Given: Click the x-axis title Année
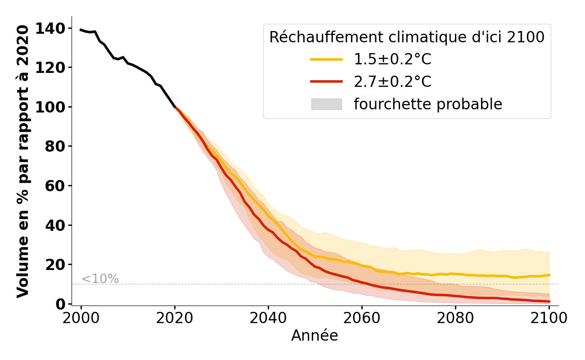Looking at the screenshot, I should pyautogui.click(x=315, y=336).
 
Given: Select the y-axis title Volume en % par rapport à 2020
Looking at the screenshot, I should pyautogui.click(x=23, y=161).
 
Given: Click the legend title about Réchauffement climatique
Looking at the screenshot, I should pyautogui.click(x=407, y=37).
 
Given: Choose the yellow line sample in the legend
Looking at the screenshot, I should pyautogui.click(x=326, y=59).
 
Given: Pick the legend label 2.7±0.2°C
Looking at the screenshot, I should pyautogui.click(x=392, y=82).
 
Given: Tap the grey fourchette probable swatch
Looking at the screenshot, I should pyautogui.click(x=326, y=104).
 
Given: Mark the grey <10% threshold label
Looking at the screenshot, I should pyautogui.click(x=100, y=279).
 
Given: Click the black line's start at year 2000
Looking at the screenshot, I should pyautogui.click(x=81, y=30).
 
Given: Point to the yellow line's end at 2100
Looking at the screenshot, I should pyautogui.click(x=549, y=275).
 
